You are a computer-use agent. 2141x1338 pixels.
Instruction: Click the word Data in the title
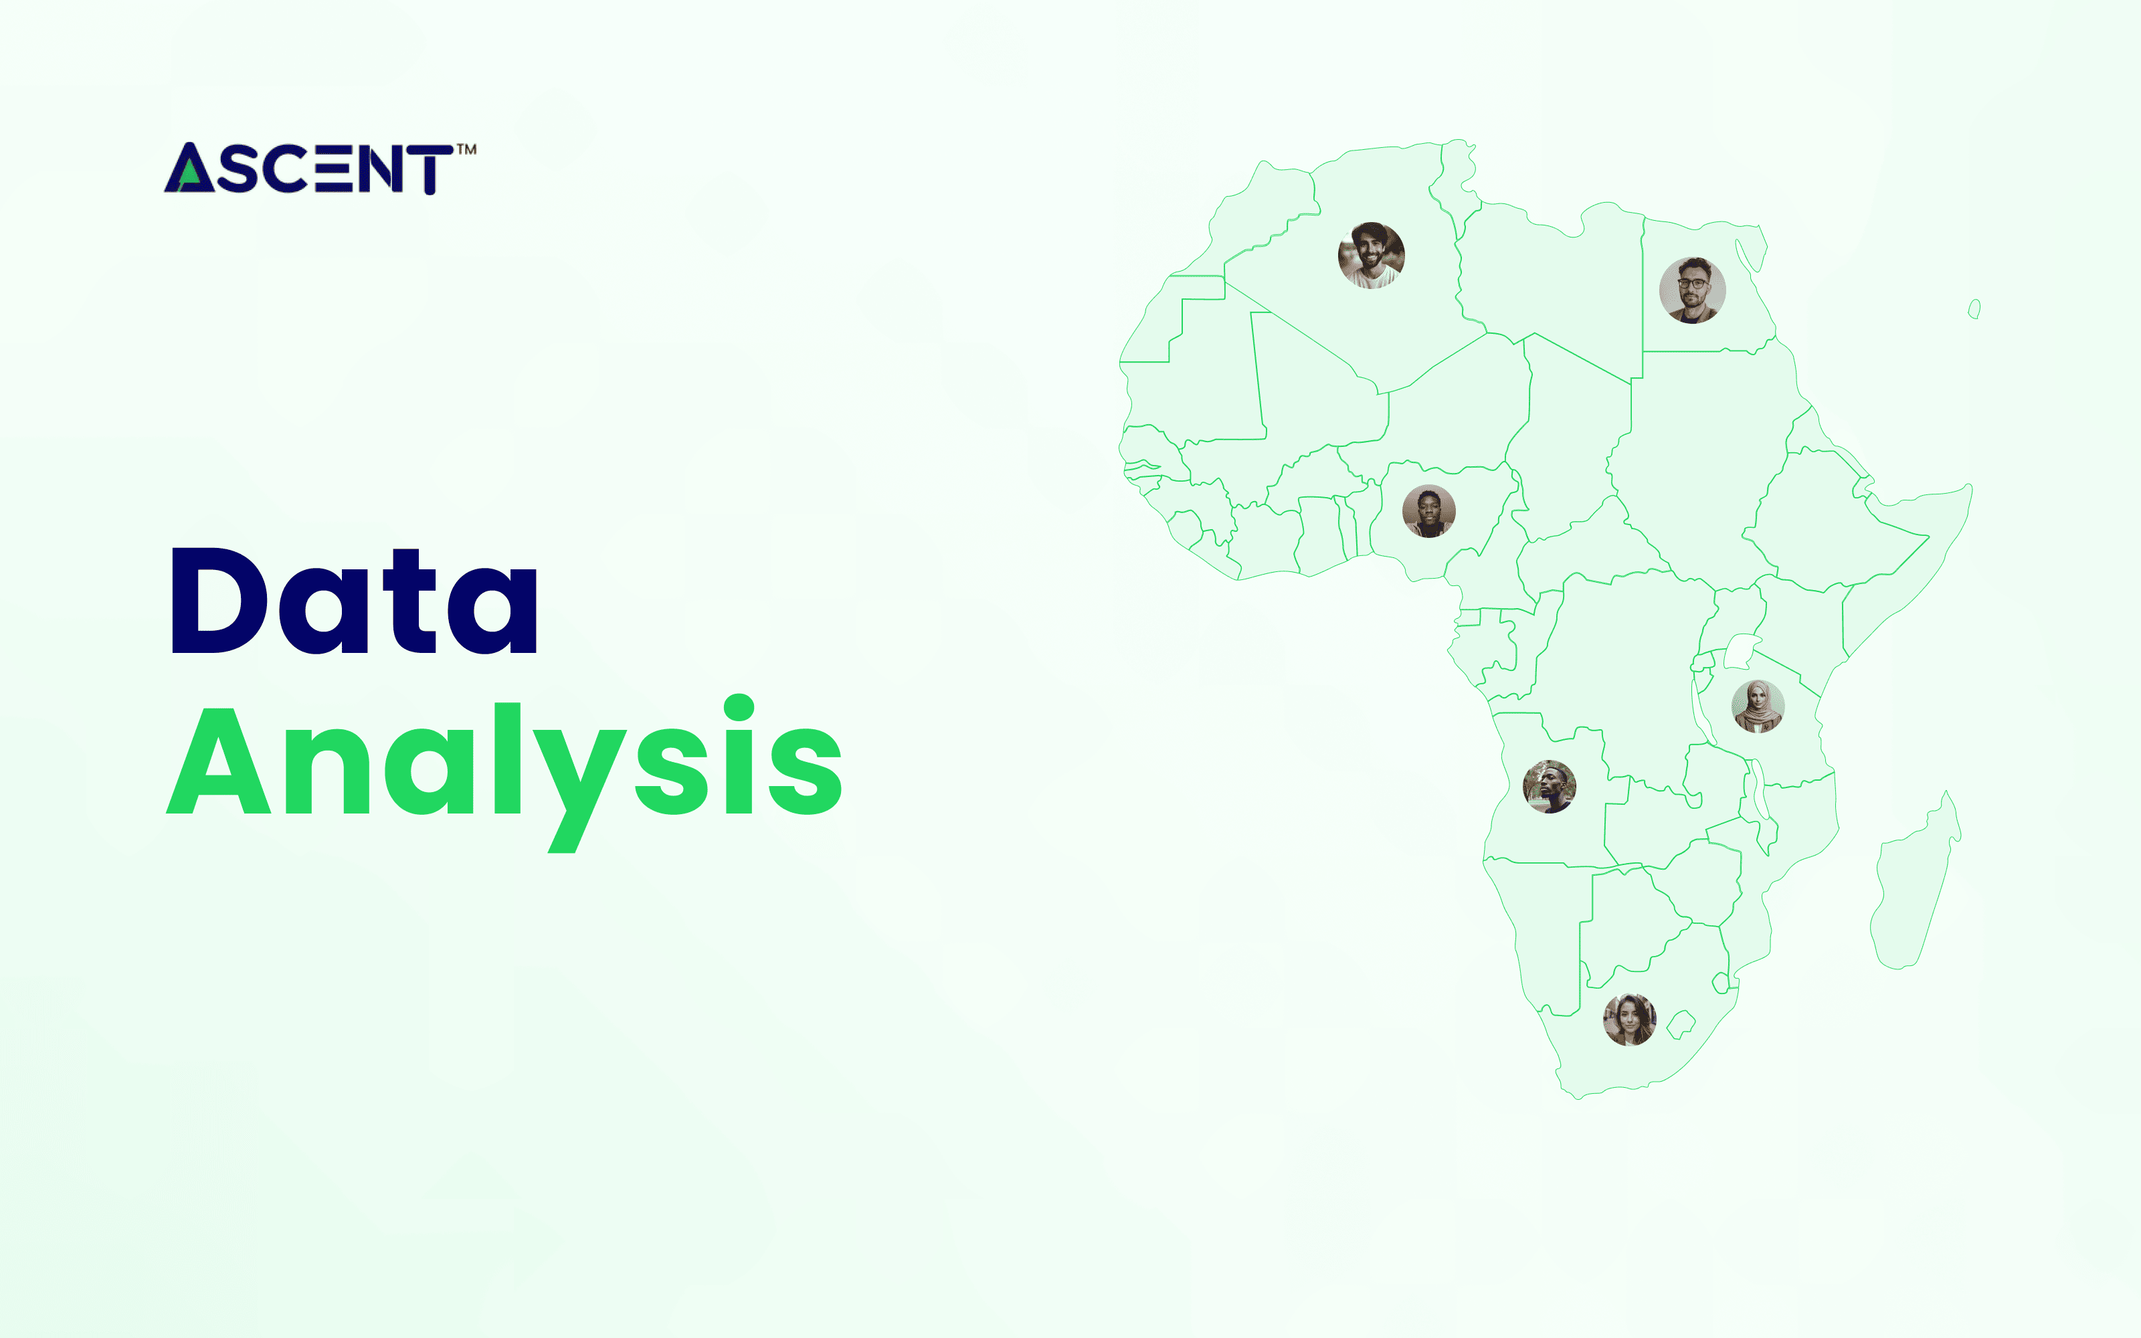point(354,601)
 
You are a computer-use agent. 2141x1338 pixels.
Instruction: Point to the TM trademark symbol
point(466,150)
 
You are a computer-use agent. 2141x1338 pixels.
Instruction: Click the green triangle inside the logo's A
point(187,179)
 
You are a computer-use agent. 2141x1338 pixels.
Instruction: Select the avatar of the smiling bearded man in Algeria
point(1370,255)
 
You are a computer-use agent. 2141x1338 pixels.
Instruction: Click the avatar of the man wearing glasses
point(1691,290)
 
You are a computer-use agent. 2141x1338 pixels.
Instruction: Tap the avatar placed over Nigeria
point(1429,512)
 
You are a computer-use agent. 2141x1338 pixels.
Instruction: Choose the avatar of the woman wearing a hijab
point(1757,706)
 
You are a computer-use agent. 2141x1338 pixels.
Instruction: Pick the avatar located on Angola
point(1549,787)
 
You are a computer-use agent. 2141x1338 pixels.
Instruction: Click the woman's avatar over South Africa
point(1630,1020)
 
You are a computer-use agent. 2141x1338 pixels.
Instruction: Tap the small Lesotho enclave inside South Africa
point(1680,1026)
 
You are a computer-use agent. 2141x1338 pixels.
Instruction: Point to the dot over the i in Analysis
point(739,708)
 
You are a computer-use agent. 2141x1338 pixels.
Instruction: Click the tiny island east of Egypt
point(1974,309)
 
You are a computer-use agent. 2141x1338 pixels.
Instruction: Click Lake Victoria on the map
point(1740,652)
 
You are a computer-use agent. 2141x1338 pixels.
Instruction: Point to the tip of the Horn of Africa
point(1969,487)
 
